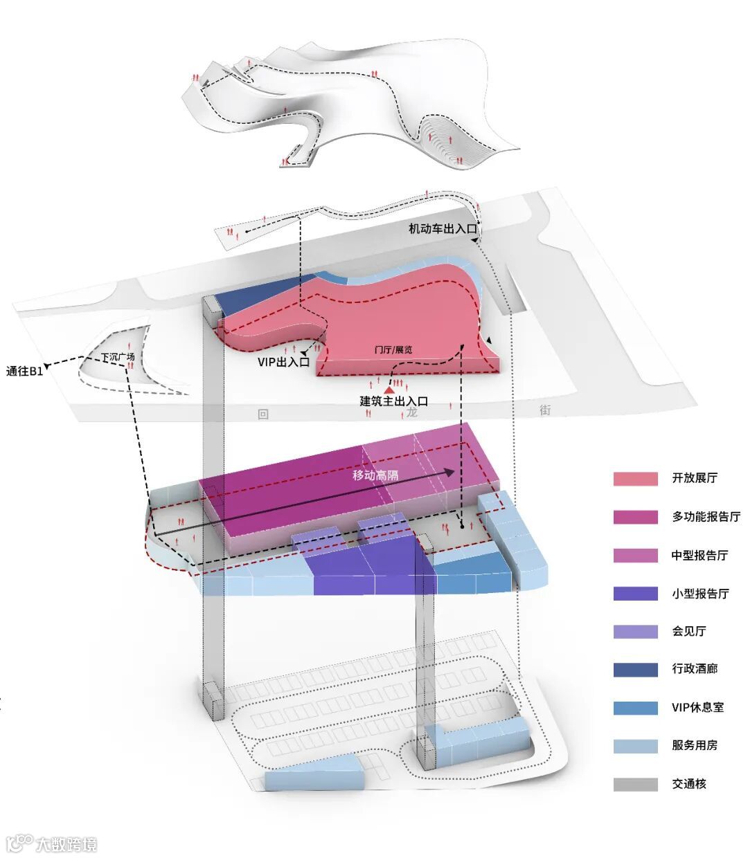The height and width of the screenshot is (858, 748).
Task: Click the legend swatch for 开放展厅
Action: click(635, 478)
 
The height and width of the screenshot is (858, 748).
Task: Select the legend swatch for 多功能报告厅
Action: click(635, 517)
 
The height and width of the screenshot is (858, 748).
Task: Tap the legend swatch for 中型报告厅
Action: click(635, 555)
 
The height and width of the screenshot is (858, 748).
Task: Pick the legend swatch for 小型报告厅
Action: click(635, 593)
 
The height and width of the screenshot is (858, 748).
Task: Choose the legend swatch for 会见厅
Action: click(635, 631)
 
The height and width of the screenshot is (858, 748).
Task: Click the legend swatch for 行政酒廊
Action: click(635, 669)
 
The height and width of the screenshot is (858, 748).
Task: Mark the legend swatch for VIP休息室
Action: click(635, 708)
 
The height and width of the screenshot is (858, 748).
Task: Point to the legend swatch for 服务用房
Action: click(635, 746)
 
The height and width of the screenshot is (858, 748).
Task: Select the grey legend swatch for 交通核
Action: click(635, 784)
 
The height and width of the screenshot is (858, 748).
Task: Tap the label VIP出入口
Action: click(283, 362)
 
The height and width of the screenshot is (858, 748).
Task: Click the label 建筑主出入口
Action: click(393, 401)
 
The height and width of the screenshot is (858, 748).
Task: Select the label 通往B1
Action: click(25, 371)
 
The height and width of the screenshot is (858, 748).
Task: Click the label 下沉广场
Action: click(118, 358)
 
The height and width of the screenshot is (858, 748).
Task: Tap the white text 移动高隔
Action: click(375, 475)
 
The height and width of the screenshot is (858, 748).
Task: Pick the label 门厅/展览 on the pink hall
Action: click(393, 350)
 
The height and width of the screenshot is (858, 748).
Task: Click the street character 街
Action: click(546, 409)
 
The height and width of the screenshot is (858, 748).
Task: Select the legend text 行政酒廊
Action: click(695, 669)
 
